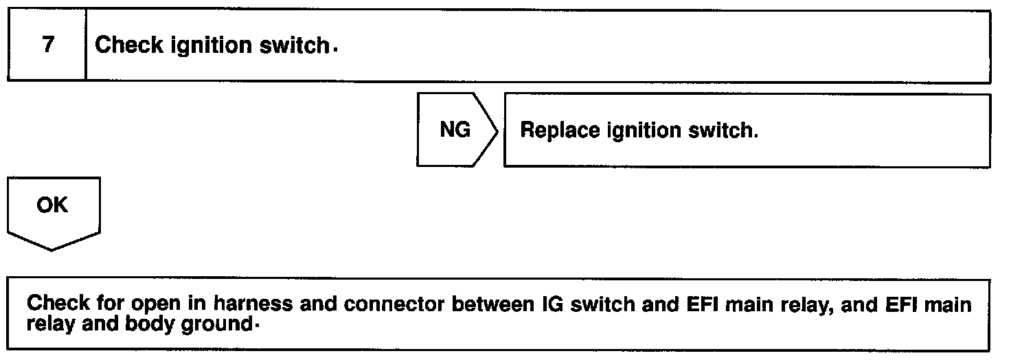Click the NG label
point(455,130)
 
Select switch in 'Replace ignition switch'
point(729,131)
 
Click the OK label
point(53,205)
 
